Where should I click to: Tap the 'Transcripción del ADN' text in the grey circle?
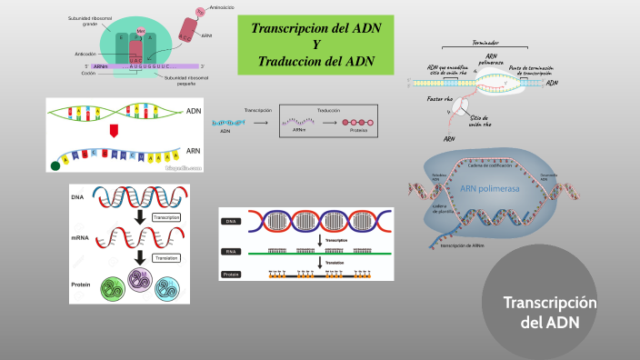click(x=551, y=313)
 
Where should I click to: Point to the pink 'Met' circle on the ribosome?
click(x=140, y=31)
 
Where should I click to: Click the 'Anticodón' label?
click(x=86, y=54)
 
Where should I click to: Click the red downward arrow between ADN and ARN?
click(x=115, y=131)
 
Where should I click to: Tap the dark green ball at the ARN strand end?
click(x=55, y=165)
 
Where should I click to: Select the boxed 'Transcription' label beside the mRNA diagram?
click(x=165, y=217)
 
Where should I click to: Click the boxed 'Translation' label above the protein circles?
click(x=165, y=258)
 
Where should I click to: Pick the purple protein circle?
click(x=140, y=285)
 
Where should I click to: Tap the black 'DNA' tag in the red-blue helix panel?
click(x=234, y=221)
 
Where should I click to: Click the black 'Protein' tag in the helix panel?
click(x=234, y=274)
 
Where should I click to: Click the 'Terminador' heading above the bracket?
click(x=470, y=42)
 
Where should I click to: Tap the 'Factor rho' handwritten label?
click(x=442, y=97)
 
